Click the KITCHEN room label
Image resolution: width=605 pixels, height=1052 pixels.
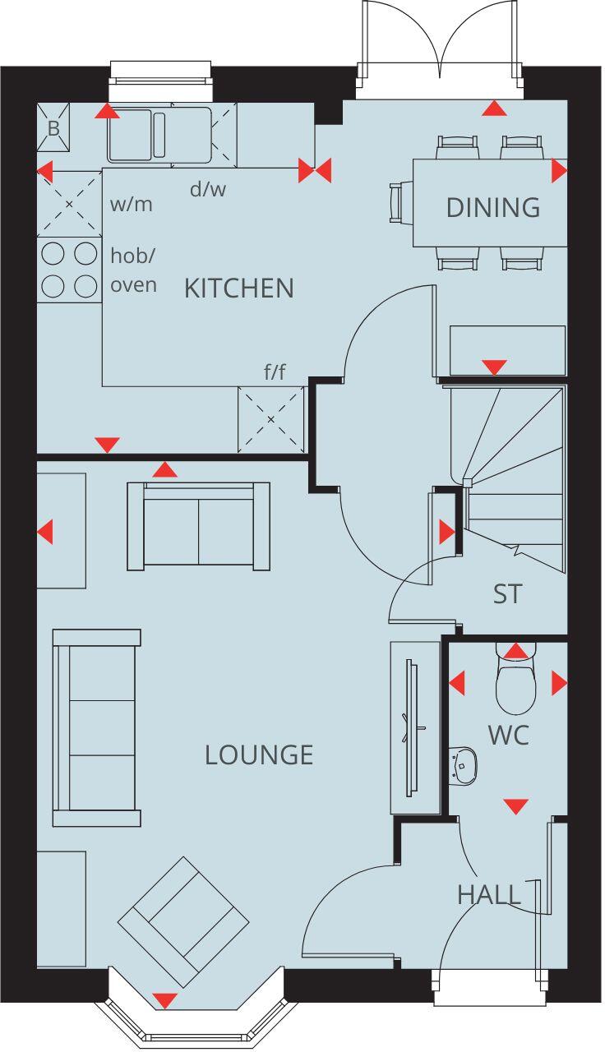[x=238, y=288]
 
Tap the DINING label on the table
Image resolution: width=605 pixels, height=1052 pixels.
[x=492, y=207]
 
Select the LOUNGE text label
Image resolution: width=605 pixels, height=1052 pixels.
[x=259, y=754]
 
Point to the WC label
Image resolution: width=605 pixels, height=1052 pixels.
[x=508, y=736]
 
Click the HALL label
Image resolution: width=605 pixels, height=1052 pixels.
[x=489, y=894]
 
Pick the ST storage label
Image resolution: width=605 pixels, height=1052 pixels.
[x=507, y=593]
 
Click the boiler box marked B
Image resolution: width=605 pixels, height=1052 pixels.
[x=53, y=128]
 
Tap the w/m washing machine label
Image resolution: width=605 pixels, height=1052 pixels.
[x=132, y=204]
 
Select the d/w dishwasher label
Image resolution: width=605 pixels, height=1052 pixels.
[x=207, y=190]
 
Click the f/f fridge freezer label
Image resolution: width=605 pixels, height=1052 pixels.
[x=275, y=371]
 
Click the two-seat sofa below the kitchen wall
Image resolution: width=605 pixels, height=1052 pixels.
[x=198, y=526]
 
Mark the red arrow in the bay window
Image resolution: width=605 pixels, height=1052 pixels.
[x=165, y=1000]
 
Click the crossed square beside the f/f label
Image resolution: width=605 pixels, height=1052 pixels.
[x=270, y=419]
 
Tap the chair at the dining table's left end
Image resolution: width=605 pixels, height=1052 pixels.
[x=399, y=202]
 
